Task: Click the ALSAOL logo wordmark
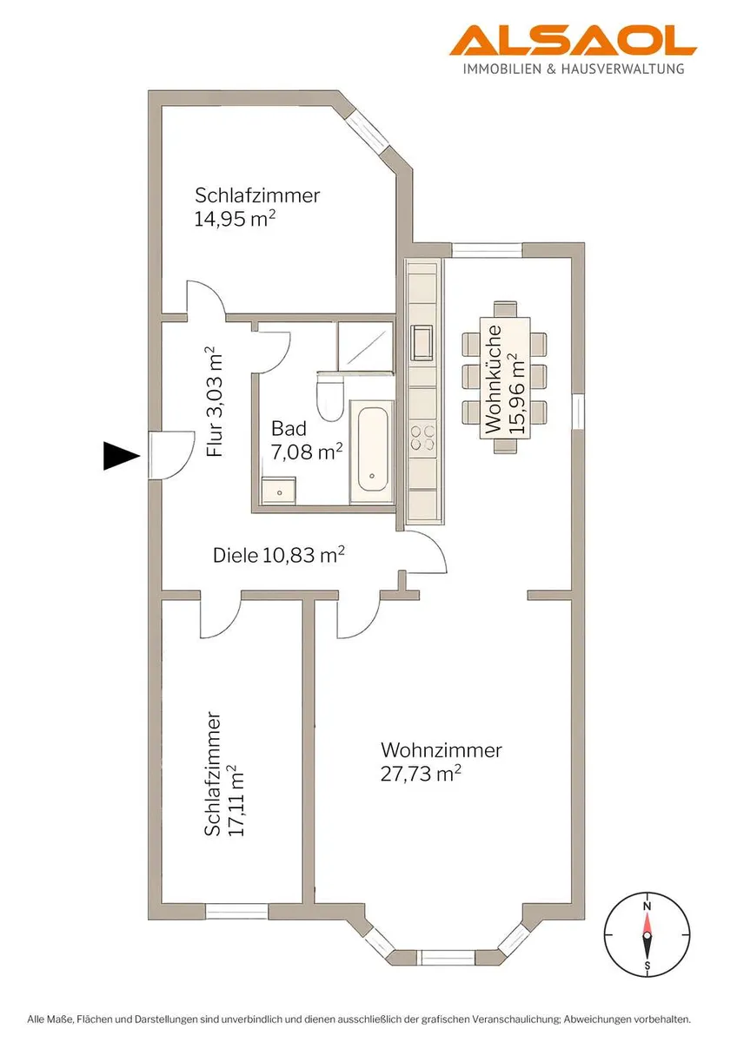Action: click(x=573, y=42)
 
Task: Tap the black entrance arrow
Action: click(x=122, y=456)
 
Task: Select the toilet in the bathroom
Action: click(x=329, y=396)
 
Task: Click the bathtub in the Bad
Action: click(x=371, y=452)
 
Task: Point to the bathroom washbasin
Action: click(x=278, y=491)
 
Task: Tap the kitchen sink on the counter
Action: click(x=422, y=342)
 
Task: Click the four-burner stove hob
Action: click(x=422, y=439)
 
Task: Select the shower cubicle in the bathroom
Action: click(x=366, y=346)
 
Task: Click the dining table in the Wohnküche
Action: click(x=505, y=378)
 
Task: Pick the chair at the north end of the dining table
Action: click(x=505, y=309)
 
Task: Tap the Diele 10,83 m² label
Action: click(x=278, y=555)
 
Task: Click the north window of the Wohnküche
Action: click(x=488, y=250)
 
